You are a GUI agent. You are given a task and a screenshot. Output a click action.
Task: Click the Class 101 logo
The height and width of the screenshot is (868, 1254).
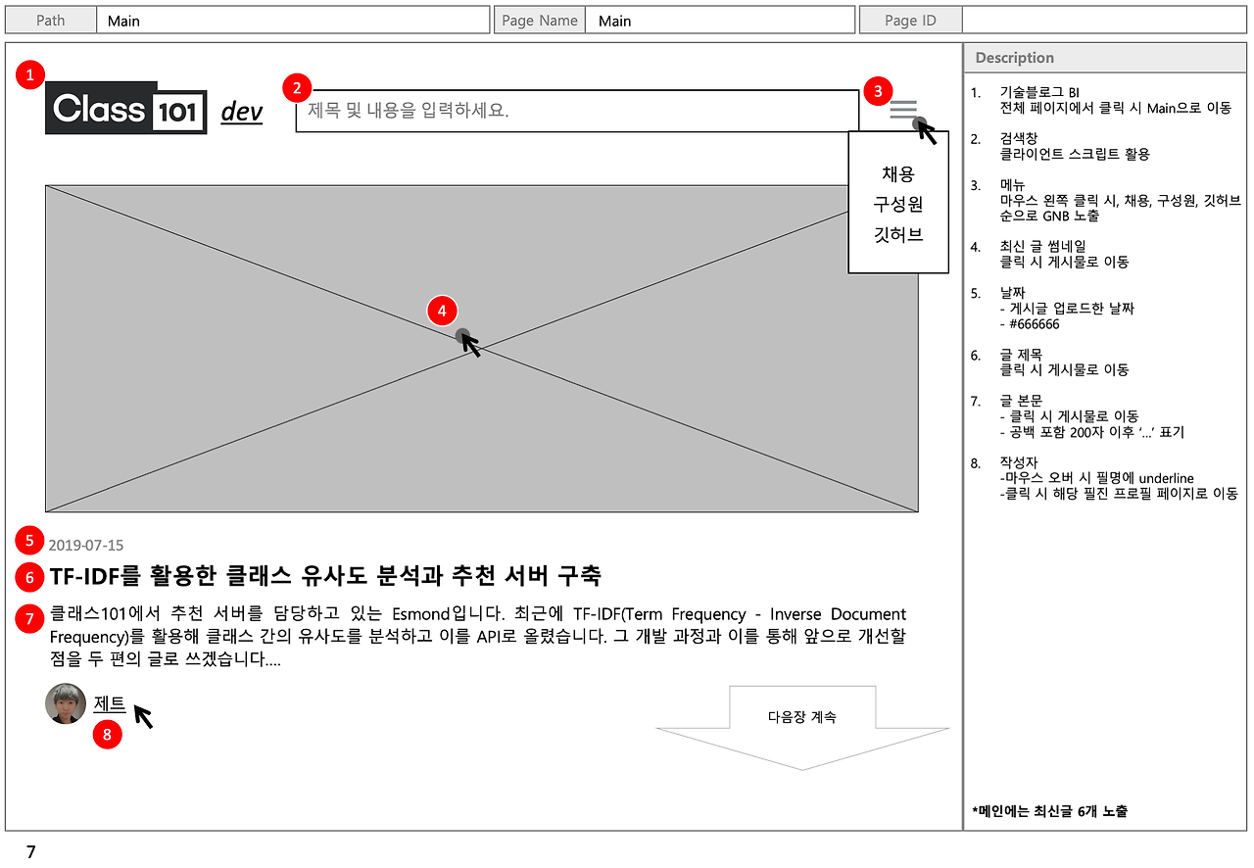tap(126, 108)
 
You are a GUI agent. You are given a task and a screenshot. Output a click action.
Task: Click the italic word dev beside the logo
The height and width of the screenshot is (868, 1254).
tap(242, 112)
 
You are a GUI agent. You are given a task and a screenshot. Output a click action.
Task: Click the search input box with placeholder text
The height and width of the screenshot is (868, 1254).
tap(576, 111)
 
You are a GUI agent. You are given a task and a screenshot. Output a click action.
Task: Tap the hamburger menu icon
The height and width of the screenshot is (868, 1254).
tap(903, 109)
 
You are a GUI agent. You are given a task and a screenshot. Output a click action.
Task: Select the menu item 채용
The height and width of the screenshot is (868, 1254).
tap(898, 174)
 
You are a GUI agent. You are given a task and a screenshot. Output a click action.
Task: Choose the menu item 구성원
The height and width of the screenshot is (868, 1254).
tap(898, 205)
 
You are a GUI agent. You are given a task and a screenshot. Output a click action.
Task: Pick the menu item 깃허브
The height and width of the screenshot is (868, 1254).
tap(898, 235)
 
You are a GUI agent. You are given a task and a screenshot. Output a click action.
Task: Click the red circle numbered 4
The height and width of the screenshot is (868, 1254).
tap(442, 311)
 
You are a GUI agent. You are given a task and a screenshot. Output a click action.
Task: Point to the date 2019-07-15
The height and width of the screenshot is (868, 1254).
tap(86, 546)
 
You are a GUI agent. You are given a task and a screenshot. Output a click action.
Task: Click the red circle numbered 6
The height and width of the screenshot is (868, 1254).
tap(30, 577)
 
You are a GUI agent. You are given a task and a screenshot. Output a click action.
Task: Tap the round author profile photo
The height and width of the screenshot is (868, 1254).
tap(66, 703)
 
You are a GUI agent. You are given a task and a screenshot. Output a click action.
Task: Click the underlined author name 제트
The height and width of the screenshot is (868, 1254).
tap(110, 703)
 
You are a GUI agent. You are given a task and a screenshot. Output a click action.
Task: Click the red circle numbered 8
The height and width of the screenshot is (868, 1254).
tap(107, 734)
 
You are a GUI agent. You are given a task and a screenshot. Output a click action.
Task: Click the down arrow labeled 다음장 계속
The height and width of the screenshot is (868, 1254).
tap(802, 726)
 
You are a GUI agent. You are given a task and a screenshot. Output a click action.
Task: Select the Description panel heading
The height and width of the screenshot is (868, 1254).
tap(1015, 58)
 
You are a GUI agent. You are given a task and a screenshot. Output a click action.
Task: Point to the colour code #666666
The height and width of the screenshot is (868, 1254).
tap(1030, 324)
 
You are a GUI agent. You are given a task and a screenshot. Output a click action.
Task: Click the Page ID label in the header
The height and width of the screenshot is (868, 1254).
tap(910, 21)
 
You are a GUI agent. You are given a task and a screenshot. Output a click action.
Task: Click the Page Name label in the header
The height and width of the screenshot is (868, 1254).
tap(540, 21)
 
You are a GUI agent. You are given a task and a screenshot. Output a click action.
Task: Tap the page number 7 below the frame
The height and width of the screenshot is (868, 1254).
tap(31, 852)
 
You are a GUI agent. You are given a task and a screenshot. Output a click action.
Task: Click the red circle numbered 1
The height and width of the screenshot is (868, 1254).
tap(32, 74)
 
